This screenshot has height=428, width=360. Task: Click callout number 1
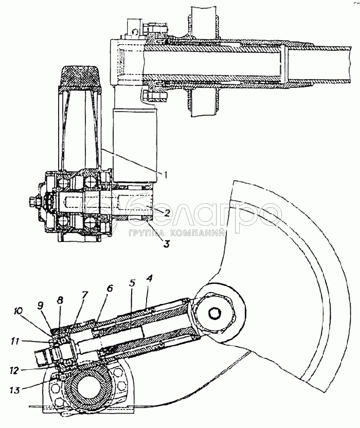(x=165, y=174)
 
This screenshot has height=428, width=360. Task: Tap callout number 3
(x=166, y=243)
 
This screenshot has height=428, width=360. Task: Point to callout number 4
(x=149, y=279)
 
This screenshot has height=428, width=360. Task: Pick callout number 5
(x=132, y=283)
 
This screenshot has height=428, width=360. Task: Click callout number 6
(x=110, y=289)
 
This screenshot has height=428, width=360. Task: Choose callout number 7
(x=85, y=295)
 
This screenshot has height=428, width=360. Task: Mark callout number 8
(x=60, y=300)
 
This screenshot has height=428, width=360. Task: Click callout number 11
(x=16, y=341)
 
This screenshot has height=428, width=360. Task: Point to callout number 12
(x=15, y=370)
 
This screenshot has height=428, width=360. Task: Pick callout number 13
(x=15, y=390)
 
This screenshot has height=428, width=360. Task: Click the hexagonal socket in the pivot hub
(x=214, y=314)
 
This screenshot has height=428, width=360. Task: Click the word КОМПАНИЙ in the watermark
(x=198, y=233)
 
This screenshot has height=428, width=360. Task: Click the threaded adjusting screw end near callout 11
(x=42, y=359)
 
